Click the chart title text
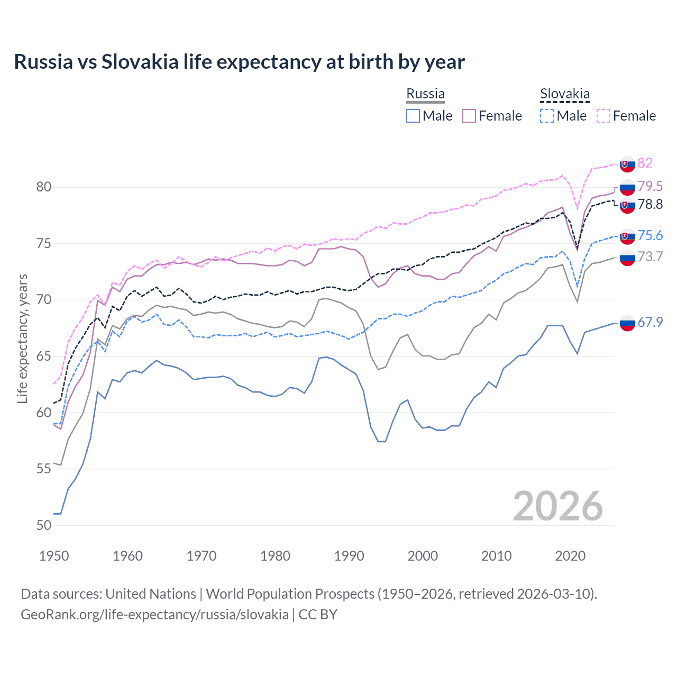point(239,62)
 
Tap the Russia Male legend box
point(413,116)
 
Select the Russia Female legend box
point(469,116)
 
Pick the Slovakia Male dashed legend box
point(547,116)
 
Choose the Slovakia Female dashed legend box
point(603,116)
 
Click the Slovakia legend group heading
point(564,94)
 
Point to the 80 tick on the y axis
point(44,187)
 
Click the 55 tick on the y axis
point(44,469)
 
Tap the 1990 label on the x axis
point(349,556)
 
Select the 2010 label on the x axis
point(496,556)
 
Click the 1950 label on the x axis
point(54,556)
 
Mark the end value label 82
point(645,163)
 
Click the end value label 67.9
point(650,322)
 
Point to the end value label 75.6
point(650,235)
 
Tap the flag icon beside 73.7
point(627,258)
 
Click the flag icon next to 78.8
point(627,205)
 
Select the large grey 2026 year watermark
point(557,506)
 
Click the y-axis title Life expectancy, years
point(22,338)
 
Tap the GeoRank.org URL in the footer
point(154,615)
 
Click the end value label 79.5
point(650,186)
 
